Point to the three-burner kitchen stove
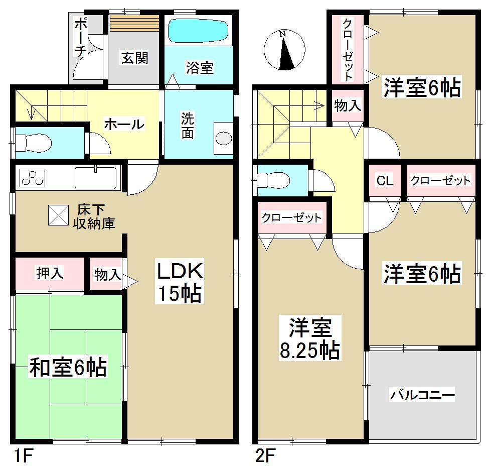click(33, 178)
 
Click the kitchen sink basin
click(96, 178)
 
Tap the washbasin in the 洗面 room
click(223, 139)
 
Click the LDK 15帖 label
click(180, 282)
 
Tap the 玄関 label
click(134, 58)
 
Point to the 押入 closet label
click(49, 273)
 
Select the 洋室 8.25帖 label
click(309, 339)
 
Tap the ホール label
click(124, 124)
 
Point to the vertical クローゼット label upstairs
click(347, 49)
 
